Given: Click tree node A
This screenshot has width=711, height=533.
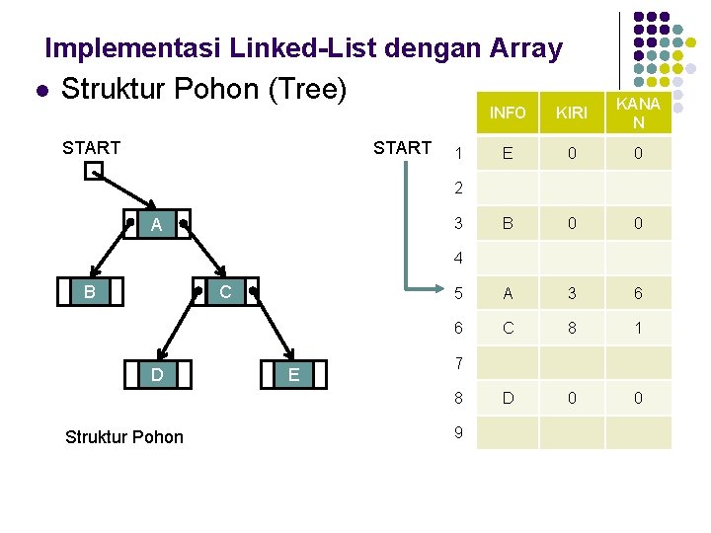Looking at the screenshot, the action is pos(157,226).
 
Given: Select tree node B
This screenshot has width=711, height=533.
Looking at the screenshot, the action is pos(90,292).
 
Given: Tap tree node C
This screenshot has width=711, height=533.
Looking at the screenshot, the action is pos(225,292).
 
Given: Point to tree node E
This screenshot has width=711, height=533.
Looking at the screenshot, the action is pos(293,375).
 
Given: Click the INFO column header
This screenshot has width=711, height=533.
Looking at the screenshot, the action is pos(508,113).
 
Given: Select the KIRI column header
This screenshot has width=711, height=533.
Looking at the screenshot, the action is pos(572,113).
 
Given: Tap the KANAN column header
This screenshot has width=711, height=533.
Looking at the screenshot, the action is pos(638,113).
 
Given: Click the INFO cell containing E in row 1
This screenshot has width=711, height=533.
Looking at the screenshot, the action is pos(508,153).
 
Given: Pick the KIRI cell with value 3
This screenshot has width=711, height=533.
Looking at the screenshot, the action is pos(572,293).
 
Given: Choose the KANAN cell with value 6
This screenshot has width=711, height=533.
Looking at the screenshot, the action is pos(638,293).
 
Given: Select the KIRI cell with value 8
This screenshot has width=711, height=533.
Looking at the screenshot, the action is pos(572,329).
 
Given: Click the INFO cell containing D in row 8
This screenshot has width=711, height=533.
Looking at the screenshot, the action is pos(508,398).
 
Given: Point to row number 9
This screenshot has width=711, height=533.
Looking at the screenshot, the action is pos(458,431).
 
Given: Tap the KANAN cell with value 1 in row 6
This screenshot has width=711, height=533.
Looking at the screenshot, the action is pos(638,329).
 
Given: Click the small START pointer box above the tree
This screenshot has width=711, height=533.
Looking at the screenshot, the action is pos(93,172).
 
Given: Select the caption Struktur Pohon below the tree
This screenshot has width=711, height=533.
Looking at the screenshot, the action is pos(123,436).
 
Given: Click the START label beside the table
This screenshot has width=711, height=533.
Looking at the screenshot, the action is pos(402,148).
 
